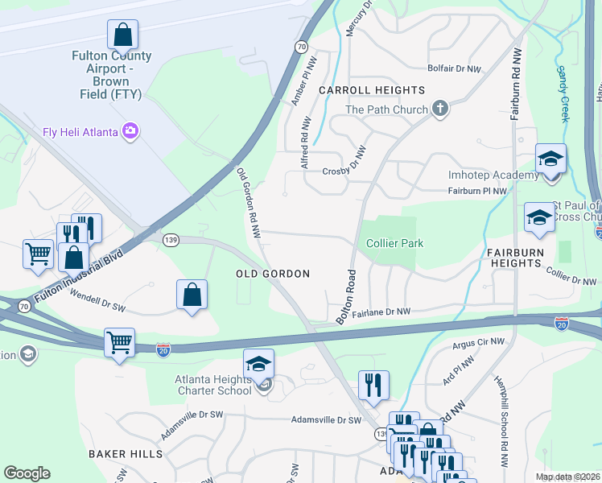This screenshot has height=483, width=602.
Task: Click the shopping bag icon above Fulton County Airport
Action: click(x=122, y=35)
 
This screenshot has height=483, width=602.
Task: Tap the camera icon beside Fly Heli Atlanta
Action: click(x=130, y=130)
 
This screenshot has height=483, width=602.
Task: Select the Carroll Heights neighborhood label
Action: click(x=371, y=90)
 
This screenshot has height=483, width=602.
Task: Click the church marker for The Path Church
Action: click(x=439, y=109)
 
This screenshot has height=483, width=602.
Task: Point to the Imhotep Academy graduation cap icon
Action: click(x=550, y=159)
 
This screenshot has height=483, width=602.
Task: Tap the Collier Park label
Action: click(x=394, y=243)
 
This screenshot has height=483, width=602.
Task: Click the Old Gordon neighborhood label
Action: click(x=273, y=274)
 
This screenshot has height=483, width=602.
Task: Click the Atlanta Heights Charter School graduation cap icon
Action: click(x=259, y=364)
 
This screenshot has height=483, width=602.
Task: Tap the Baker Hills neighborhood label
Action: click(x=126, y=454)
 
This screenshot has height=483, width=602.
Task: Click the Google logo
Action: click(x=27, y=473)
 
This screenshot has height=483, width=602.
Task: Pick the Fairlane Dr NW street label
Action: click(x=381, y=311)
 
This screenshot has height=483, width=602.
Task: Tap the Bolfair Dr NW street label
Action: click(x=455, y=69)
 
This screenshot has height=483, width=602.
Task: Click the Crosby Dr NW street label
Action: click(x=344, y=171)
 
